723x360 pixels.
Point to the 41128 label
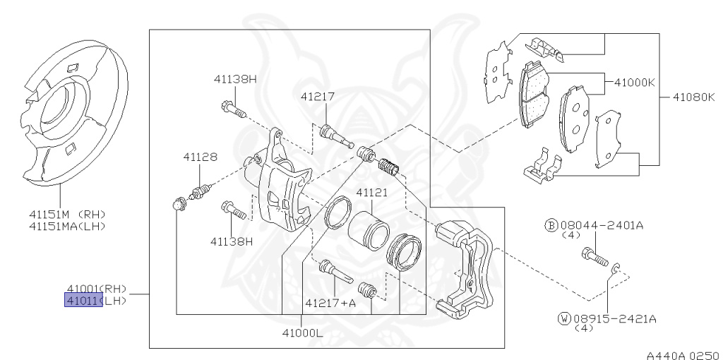[201, 157]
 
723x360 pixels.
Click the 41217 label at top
[317, 96]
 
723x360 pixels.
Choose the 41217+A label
[330, 304]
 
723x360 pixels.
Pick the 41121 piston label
[372, 192]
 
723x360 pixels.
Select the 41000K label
[634, 82]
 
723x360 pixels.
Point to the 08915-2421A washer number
[614, 318]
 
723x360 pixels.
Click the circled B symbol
[551, 225]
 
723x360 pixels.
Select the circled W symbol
[563, 318]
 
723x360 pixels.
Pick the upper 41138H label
[235, 78]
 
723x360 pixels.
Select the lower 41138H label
[231, 241]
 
